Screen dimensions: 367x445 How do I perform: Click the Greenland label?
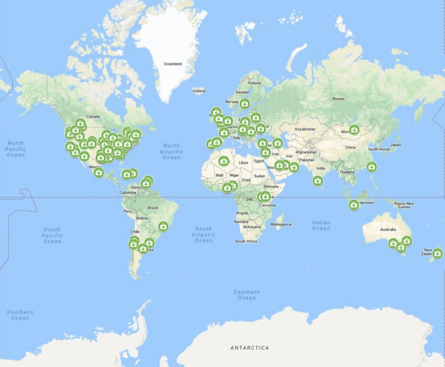click(x=172, y=64)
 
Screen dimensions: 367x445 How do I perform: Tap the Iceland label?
click(x=199, y=91)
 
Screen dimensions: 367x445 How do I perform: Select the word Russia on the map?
click(x=338, y=98)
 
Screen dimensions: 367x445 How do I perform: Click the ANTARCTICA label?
click(x=249, y=348)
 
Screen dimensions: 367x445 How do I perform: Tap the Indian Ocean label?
click(x=321, y=225)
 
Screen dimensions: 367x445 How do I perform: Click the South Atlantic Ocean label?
click(x=203, y=234)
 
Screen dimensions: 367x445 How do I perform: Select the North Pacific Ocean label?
click(x=15, y=148)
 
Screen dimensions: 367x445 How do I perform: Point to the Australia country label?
click(x=388, y=229)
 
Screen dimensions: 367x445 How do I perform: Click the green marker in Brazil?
click(x=163, y=225)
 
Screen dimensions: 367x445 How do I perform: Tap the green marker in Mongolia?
click(x=354, y=129)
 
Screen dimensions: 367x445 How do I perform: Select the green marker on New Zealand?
click(x=437, y=252)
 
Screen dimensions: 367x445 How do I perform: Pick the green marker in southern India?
click(x=318, y=181)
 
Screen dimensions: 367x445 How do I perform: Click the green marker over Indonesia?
click(x=354, y=205)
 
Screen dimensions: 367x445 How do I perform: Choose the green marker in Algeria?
click(x=223, y=161)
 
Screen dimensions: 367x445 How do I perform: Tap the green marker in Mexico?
click(x=99, y=172)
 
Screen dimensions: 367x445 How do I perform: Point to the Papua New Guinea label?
click(x=403, y=205)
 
